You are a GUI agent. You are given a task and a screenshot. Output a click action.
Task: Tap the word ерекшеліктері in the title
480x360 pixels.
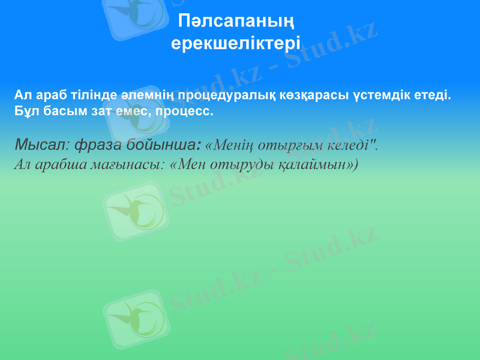click(236, 44)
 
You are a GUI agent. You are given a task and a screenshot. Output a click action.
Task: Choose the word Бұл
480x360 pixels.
click(26, 111)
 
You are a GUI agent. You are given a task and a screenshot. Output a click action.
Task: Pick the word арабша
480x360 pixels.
click(57, 164)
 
